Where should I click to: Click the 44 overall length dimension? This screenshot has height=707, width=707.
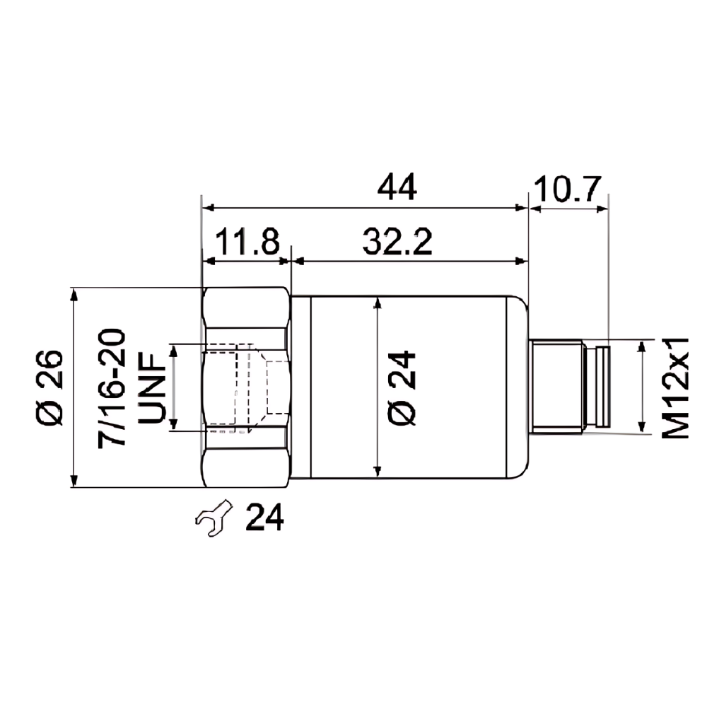(x=397, y=187)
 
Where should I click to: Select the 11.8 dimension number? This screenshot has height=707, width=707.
(x=247, y=242)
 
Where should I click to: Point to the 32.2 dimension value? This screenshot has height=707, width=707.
(x=398, y=242)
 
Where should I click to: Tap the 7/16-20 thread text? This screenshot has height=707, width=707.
(x=113, y=387)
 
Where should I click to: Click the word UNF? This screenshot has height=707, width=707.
(x=151, y=387)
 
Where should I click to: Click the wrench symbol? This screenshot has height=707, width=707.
(x=214, y=518)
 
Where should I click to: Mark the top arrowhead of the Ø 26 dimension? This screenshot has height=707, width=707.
(x=74, y=294)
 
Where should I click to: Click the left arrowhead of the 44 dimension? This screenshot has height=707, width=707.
(x=207, y=208)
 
